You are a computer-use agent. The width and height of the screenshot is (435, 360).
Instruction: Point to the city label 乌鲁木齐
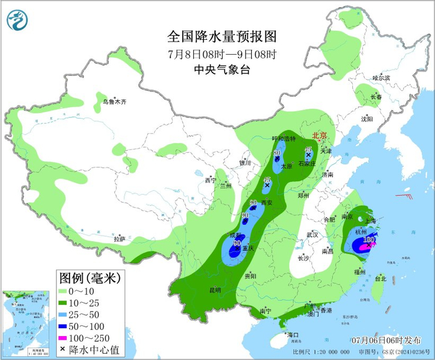point(114,101)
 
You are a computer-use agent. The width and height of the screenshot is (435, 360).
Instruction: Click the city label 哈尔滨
point(380,78)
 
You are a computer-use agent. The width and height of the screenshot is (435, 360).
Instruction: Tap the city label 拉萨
point(119,238)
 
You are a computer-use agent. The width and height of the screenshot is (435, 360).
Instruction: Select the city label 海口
point(293,335)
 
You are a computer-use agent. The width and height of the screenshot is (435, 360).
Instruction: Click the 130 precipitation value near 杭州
point(369,239)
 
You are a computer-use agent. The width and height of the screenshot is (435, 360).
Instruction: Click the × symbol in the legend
point(63,349)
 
